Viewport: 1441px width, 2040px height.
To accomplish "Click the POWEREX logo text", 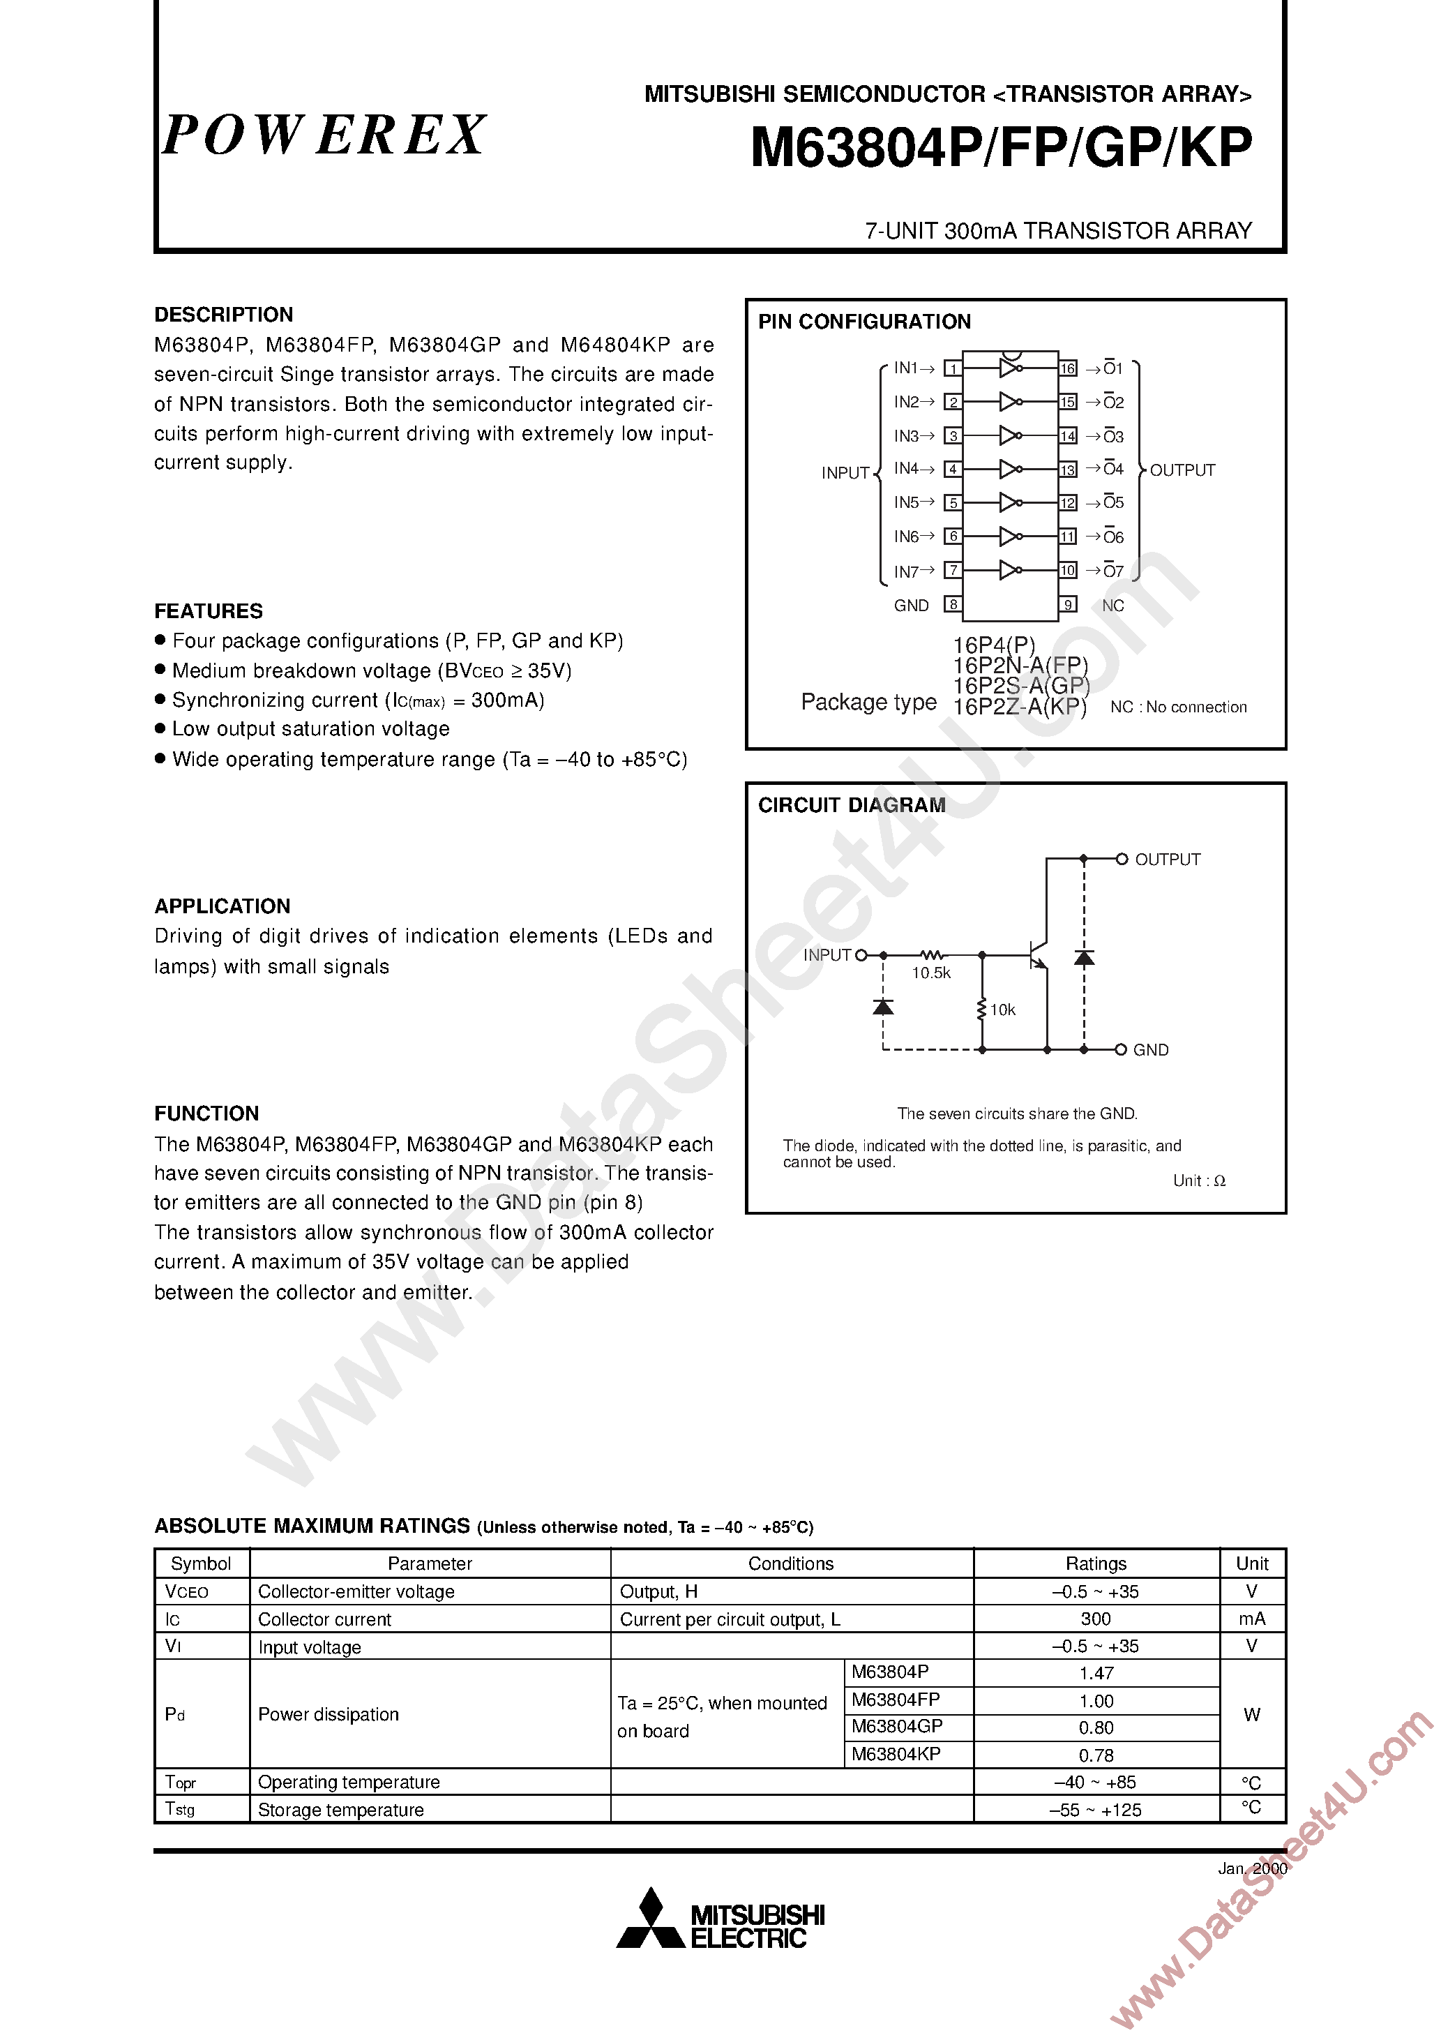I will click(324, 136).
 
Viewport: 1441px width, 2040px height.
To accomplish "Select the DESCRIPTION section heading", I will click(223, 315).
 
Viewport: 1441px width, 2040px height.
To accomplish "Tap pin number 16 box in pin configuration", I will click(1067, 368).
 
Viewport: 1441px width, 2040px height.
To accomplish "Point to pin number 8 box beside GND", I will click(952, 605).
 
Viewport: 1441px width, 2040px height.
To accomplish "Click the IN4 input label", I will click(906, 468).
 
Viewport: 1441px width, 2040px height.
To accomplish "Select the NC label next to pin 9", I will click(1112, 605).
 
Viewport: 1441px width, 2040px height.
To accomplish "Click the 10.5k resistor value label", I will click(930, 973).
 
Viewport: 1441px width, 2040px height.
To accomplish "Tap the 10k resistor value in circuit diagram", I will click(1002, 1010).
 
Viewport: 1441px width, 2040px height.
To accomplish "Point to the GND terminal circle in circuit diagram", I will click(1121, 1049).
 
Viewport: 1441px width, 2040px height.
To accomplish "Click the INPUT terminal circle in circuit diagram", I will click(860, 955).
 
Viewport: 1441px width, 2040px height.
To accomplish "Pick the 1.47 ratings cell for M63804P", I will click(1096, 1673).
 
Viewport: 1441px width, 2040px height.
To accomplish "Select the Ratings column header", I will click(1096, 1563).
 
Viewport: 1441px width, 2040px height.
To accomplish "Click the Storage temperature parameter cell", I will click(340, 1810).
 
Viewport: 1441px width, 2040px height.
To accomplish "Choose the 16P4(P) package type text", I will click(993, 645).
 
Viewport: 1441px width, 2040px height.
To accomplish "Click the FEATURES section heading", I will click(208, 611).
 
